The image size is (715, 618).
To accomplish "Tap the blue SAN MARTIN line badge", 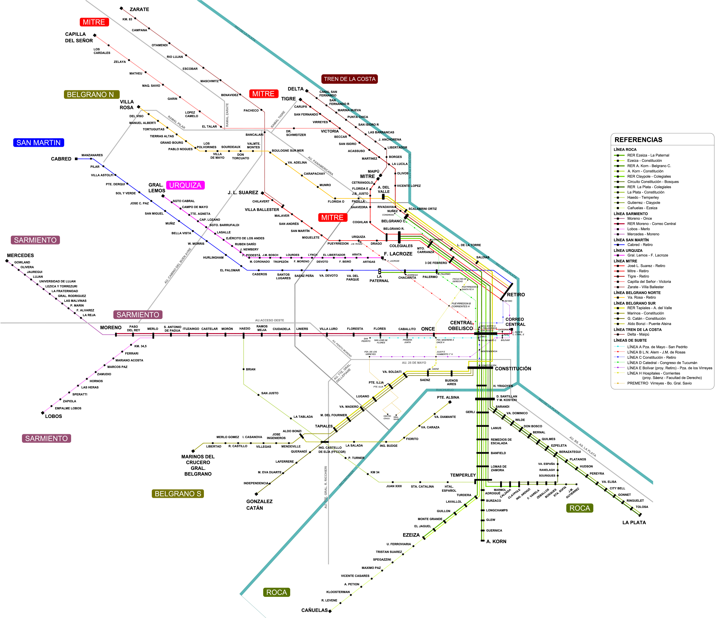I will point(38,143).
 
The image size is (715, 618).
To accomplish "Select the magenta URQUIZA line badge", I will point(185,185).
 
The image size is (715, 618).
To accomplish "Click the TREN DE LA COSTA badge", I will point(350,79).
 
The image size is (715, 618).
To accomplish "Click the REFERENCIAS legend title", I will point(638,140).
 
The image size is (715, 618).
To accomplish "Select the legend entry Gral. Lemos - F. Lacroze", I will point(647,255).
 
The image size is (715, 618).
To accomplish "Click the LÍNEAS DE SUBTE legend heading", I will point(630,340).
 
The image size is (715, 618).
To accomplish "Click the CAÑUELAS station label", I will point(314,610).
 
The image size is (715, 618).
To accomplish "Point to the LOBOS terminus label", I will point(53,416).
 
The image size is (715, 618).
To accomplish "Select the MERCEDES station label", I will point(20,255).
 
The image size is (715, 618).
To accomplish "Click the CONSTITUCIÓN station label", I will point(513,368).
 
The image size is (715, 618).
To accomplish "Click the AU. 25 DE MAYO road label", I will point(414,363).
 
